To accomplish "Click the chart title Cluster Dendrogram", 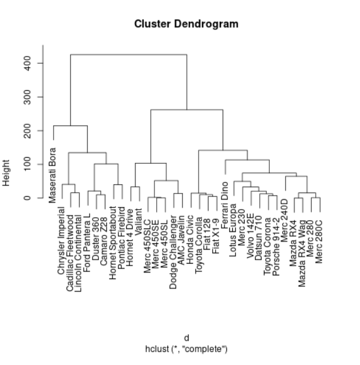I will pyautogui.click(x=186, y=24).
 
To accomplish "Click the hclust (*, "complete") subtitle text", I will pyautogui.click(x=186, y=349).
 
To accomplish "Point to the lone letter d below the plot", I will pyautogui.click(x=186, y=338).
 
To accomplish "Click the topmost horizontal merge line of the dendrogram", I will pyautogui.click(x=128, y=55).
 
